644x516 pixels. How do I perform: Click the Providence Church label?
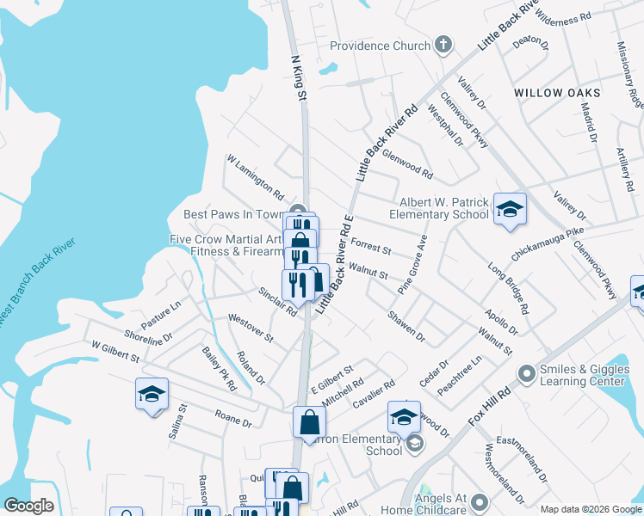click(379, 46)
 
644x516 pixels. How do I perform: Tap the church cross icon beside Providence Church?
click(444, 45)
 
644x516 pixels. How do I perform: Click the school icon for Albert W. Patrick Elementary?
click(510, 209)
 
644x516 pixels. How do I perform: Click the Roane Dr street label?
click(232, 419)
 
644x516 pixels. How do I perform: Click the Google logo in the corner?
click(28, 506)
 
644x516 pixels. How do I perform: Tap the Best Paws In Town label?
click(233, 214)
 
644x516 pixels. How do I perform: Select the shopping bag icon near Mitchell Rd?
click(309, 421)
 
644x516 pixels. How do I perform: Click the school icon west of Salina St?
click(152, 394)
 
